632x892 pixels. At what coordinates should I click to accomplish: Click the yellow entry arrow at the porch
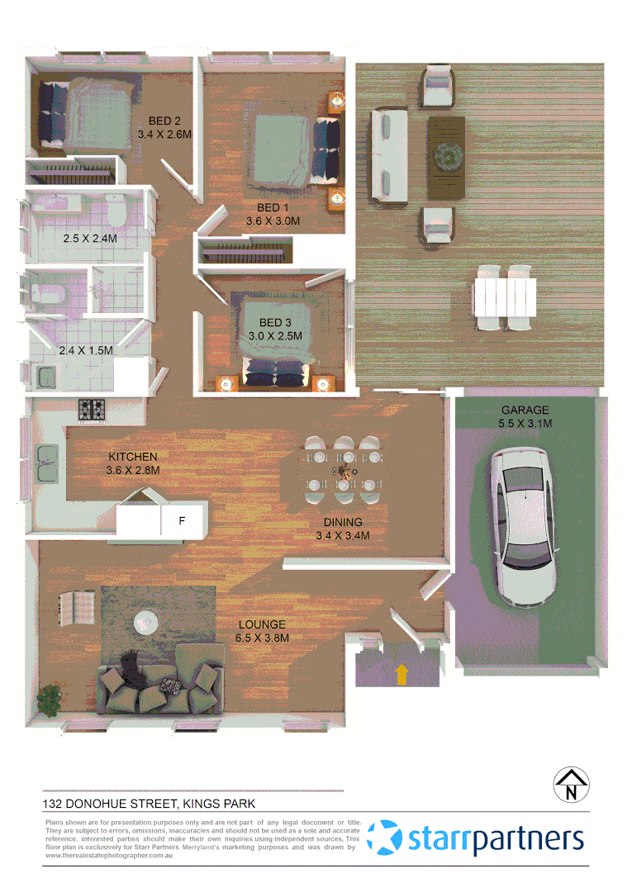coord(402,675)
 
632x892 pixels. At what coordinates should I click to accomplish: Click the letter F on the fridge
coord(183,521)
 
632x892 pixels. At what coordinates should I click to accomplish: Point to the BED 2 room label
coord(165,121)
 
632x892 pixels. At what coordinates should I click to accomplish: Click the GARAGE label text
coord(525,410)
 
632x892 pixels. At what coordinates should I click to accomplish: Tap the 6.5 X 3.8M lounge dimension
coord(263,638)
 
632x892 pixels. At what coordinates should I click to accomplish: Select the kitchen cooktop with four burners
coord(91,408)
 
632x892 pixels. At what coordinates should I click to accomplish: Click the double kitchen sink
coord(47,463)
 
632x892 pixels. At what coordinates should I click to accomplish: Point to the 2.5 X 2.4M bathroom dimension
coord(91,239)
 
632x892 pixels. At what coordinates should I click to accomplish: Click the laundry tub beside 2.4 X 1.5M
coord(45,377)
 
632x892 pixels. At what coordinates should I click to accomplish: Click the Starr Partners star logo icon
coord(384,838)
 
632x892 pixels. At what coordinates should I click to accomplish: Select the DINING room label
coord(343,523)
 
